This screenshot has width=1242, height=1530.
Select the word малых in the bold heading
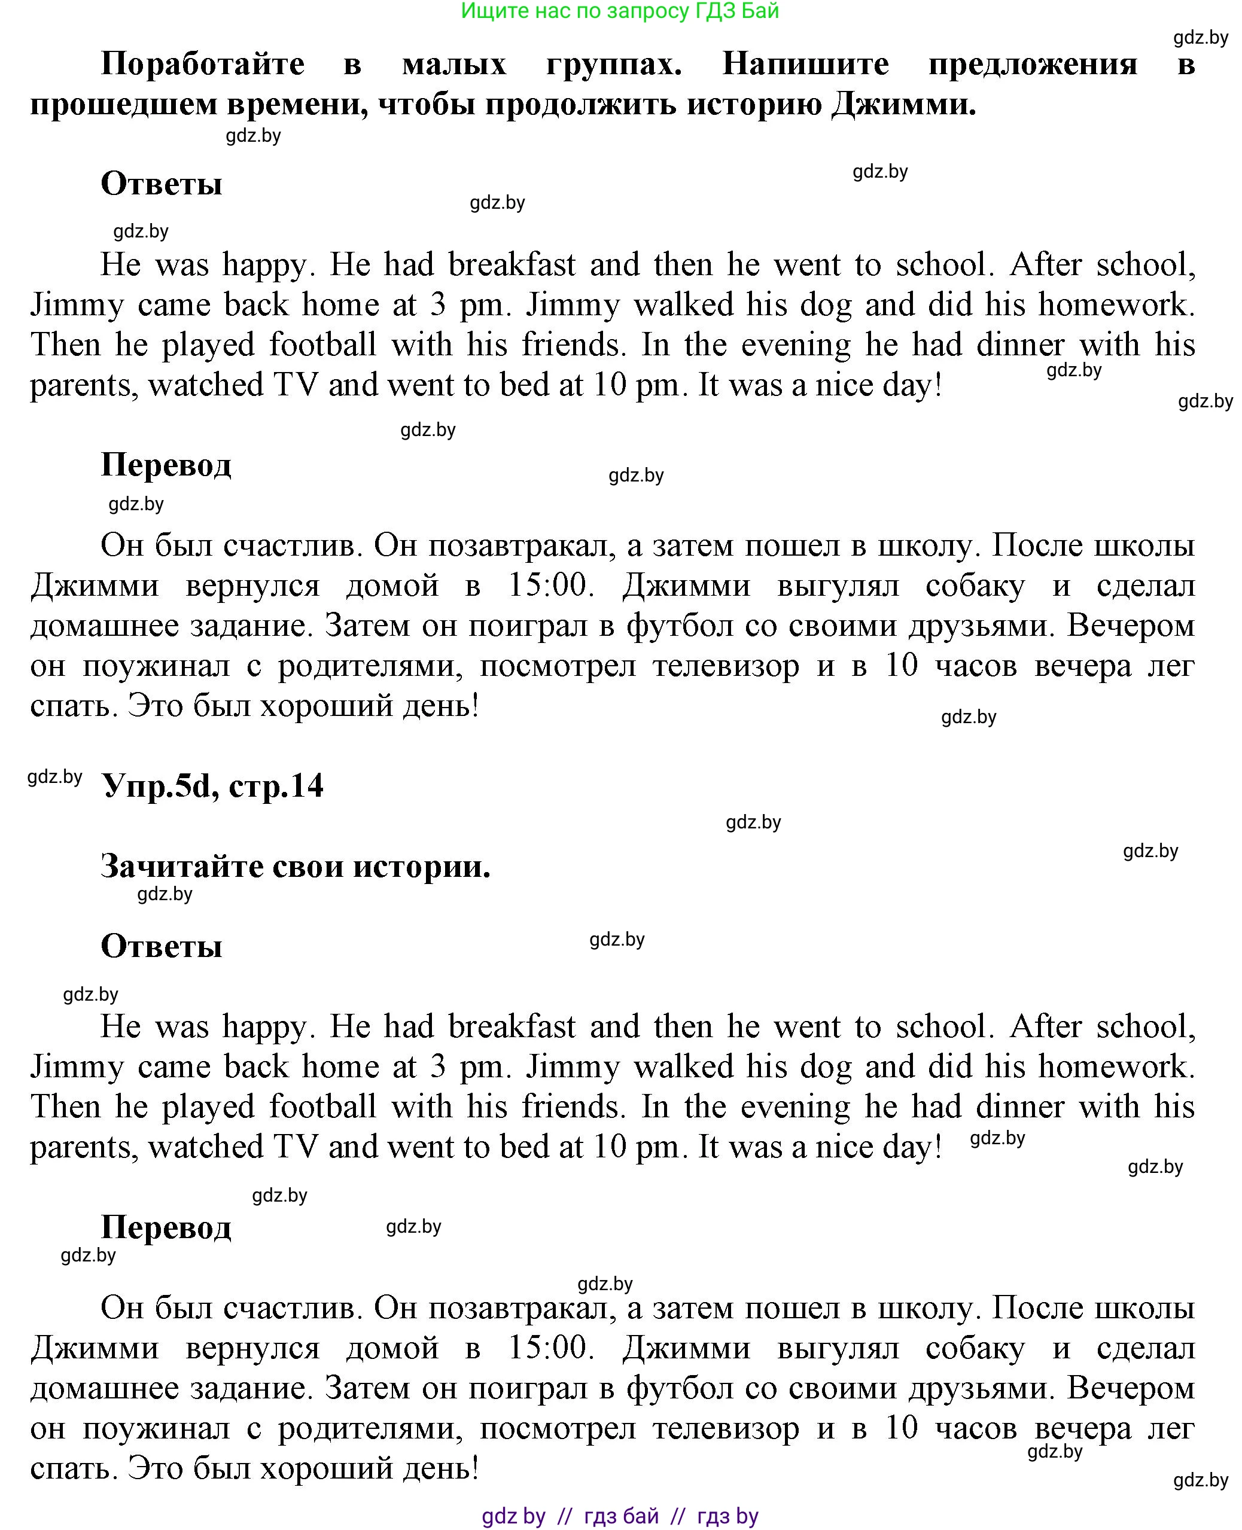453,65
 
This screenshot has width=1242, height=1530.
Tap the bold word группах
614,65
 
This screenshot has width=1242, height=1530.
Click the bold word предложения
1033,65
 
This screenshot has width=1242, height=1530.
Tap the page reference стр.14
276,786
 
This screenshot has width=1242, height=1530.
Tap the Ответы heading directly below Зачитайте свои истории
162,946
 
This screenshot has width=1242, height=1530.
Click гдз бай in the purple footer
621,1516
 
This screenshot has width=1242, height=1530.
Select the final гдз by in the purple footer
727,1516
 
